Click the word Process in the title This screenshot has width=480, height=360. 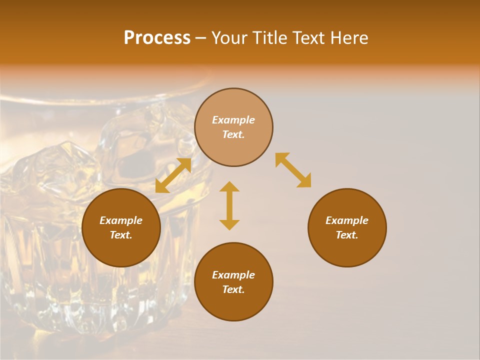tap(157, 38)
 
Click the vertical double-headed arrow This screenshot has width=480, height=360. tap(229, 205)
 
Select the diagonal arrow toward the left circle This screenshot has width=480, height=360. tap(173, 175)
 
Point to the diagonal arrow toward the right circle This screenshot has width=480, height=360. tap(293, 170)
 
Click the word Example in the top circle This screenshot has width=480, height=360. tap(233, 120)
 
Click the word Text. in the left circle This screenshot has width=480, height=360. tap(121, 235)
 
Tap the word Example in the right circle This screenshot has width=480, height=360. tap(347, 220)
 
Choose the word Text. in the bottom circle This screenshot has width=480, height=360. tap(233, 289)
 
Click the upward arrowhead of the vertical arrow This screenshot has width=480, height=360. tap(229, 186)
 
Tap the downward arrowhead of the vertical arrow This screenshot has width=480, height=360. tap(229, 224)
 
